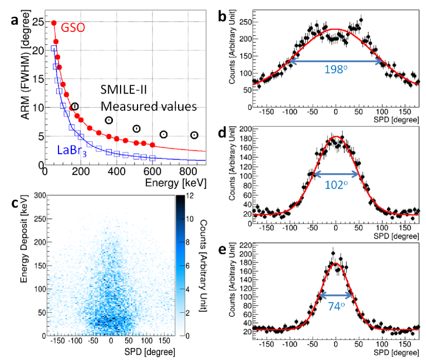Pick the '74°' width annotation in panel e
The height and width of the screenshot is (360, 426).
point(336,304)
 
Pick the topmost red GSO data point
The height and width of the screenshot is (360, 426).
point(53,23)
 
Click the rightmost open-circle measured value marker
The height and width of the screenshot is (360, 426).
point(194,135)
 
